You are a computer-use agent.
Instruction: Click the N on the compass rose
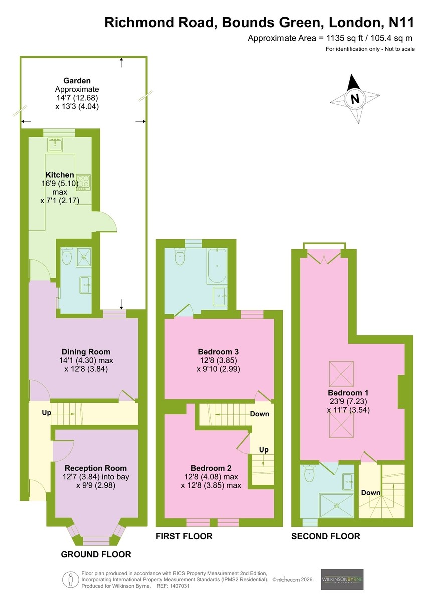[x=355, y=99]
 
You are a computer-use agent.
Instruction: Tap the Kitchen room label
[x=60, y=175]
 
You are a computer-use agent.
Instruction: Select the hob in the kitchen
[x=83, y=183]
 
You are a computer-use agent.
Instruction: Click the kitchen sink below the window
[x=55, y=144]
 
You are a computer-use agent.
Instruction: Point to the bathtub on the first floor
[x=217, y=265]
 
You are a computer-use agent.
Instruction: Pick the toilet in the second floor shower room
[x=309, y=474]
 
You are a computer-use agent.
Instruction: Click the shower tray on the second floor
[x=337, y=506]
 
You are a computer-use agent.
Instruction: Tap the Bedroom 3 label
[x=218, y=352]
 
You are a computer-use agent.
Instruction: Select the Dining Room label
[x=86, y=352]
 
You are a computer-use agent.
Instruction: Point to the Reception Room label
[x=96, y=468]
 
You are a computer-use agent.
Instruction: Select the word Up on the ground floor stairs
[x=46, y=412]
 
